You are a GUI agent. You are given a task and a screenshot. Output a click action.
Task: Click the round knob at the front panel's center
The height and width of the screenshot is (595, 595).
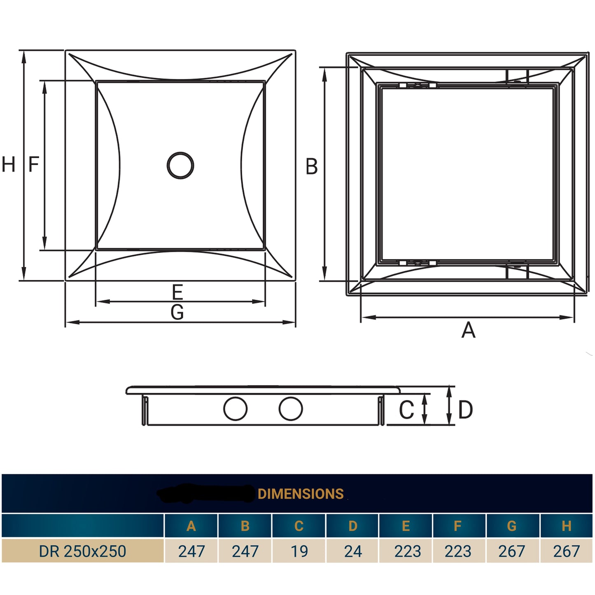click(180, 165)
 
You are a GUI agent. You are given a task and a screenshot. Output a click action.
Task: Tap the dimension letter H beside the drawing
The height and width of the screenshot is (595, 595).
click(8, 165)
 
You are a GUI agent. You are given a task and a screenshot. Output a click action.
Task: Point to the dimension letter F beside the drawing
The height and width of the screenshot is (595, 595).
click(34, 164)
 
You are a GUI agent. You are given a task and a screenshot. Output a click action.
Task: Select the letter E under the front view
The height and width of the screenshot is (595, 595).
click(177, 292)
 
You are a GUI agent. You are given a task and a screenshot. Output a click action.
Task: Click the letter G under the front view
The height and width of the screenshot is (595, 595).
click(177, 313)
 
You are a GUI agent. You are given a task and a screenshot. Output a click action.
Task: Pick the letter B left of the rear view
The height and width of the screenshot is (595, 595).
click(312, 167)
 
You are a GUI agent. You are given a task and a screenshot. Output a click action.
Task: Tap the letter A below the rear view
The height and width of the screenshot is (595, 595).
click(468, 331)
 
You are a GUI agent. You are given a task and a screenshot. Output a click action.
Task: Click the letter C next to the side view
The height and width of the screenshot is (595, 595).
click(406, 410)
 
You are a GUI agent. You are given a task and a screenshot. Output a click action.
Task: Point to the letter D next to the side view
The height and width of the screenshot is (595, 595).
click(465, 410)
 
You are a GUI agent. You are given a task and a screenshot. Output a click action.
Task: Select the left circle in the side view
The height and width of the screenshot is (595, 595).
click(235, 409)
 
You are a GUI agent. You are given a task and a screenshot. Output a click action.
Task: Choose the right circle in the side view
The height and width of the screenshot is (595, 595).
click(291, 409)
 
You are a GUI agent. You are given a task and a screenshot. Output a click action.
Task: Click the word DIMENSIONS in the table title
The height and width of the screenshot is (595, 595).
click(301, 494)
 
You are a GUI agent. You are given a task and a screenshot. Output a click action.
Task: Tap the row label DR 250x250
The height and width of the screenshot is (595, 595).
click(82, 551)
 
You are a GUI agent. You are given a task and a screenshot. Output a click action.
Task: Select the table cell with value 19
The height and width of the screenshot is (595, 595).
click(299, 551)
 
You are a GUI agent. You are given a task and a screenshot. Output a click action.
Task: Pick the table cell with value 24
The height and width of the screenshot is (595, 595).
click(353, 551)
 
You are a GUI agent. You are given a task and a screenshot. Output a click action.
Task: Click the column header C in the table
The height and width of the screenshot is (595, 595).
click(299, 526)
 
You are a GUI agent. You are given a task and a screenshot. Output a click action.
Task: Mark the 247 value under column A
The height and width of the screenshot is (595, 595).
click(191, 551)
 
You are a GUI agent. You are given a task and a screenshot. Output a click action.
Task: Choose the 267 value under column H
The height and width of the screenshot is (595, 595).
click(566, 551)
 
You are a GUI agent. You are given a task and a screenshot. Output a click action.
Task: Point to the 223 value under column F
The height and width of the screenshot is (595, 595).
click(458, 551)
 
